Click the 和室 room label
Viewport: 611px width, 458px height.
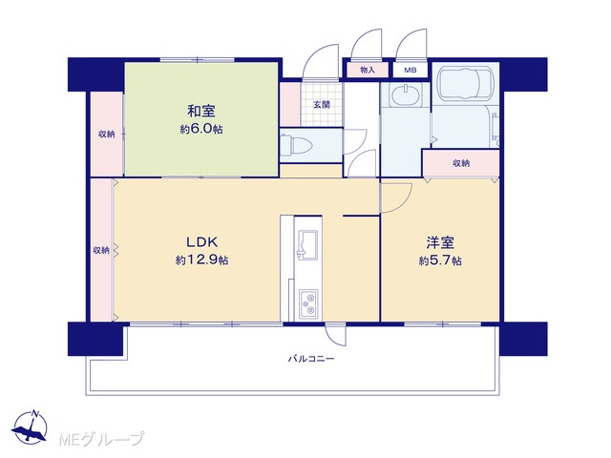pos(201,112)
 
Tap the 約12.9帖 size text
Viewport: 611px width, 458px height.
pos(201,260)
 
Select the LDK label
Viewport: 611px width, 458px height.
pos(201,242)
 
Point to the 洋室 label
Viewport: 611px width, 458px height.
pos(440,243)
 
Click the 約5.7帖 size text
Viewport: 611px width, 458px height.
pos(440,260)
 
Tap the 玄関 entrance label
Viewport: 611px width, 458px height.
pos(322,104)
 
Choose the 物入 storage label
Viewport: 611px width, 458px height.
pos(368,70)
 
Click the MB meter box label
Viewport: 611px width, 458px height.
pos(411,70)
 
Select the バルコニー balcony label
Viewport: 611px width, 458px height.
pos(311,359)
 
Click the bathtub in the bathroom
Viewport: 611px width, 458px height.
pos(465,84)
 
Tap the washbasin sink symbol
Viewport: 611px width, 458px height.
pos(406,95)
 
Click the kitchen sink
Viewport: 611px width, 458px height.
pos(307,244)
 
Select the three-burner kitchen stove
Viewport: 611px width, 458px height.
pos(308,303)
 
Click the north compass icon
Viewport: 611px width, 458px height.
pos(30,427)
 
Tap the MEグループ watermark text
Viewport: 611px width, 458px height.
pos(101,439)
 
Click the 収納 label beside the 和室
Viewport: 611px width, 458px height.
pos(106,135)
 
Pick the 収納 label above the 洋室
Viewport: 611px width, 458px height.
pos(461,163)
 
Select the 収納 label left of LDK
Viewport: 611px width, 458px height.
pos(101,250)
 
